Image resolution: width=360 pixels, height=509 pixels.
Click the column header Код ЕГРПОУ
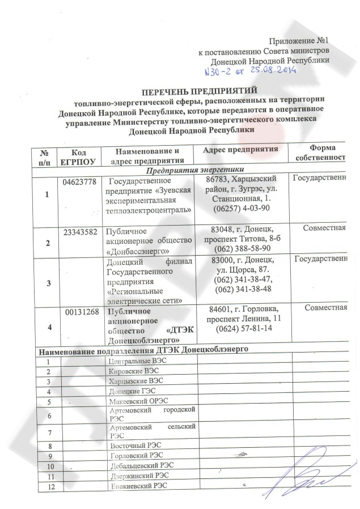click(79, 156)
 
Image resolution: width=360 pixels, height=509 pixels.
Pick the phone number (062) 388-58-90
click(241, 249)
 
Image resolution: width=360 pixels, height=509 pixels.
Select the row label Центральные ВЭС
click(130, 361)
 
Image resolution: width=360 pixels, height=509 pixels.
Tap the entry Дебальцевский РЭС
click(135, 465)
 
